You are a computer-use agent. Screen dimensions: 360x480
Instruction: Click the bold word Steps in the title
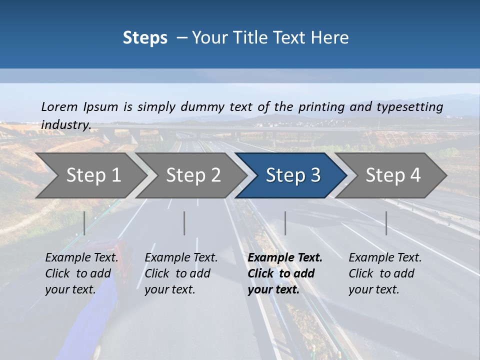(x=145, y=38)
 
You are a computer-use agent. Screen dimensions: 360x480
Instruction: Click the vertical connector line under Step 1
(x=84, y=223)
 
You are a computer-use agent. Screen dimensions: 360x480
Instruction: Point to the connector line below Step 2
(x=184, y=223)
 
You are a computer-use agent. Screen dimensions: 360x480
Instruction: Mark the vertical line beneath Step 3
(x=285, y=223)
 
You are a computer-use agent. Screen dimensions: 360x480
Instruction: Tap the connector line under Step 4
(x=386, y=223)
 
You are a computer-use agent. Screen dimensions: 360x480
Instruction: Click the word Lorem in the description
(x=59, y=106)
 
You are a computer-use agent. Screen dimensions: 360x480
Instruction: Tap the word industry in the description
(x=65, y=125)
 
